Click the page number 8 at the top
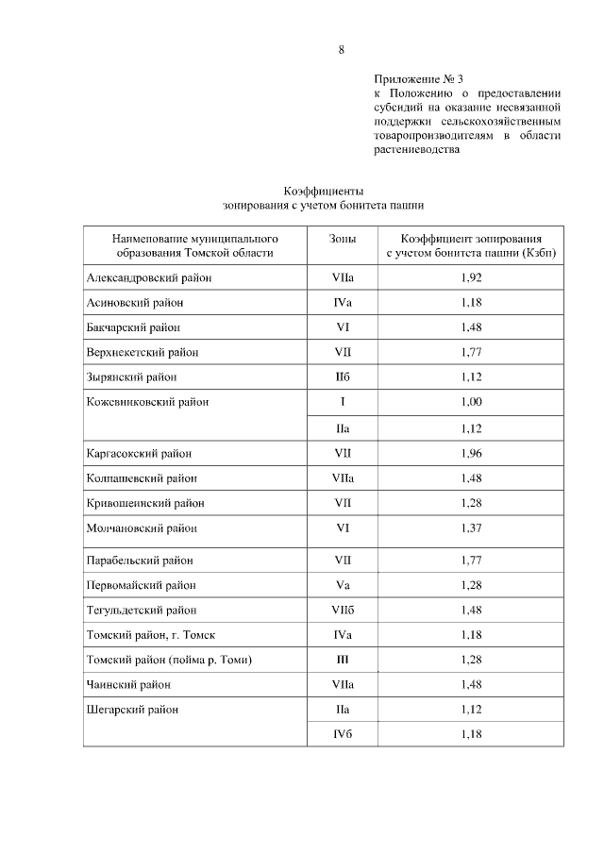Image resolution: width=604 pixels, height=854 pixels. tap(341, 50)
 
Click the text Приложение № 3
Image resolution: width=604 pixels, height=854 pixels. tap(419, 79)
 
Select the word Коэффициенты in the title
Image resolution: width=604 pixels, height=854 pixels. tap(324, 190)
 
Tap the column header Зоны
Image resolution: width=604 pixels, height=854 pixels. tap(343, 239)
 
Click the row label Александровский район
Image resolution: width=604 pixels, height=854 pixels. tap(148, 278)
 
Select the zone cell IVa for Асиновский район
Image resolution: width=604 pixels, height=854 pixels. tap(343, 303)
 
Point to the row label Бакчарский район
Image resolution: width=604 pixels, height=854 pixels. tap(132, 327)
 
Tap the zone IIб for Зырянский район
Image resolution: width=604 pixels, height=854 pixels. tap(343, 377)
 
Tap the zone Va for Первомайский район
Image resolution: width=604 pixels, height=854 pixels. tap(343, 585)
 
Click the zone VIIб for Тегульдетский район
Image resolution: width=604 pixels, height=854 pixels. tap(343, 610)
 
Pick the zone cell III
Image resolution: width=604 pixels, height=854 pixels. tap(343, 659)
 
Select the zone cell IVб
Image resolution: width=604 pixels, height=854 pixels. tap(343, 733)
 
